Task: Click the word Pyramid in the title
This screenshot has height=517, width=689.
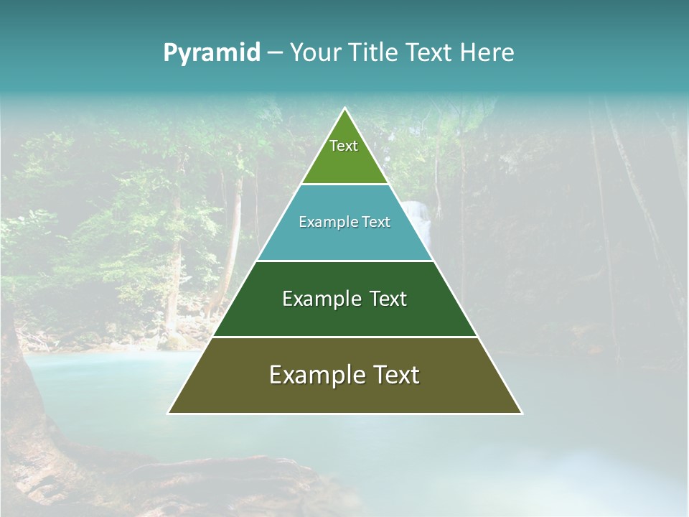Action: click(x=212, y=53)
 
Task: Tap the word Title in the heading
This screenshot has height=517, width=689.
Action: click(x=375, y=53)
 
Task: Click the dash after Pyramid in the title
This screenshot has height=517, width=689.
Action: click(x=275, y=53)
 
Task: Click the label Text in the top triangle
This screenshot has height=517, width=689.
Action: click(x=344, y=146)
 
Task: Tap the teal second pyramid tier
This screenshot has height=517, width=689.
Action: click(x=344, y=241)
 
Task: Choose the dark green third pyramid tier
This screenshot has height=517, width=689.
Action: click(x=344, y=320)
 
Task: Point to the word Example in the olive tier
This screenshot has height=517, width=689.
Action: click(x=314, y=375)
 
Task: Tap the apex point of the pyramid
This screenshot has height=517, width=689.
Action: click(x=344, y=108)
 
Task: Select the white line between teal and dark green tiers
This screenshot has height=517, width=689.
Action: click(x=344, y=261)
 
